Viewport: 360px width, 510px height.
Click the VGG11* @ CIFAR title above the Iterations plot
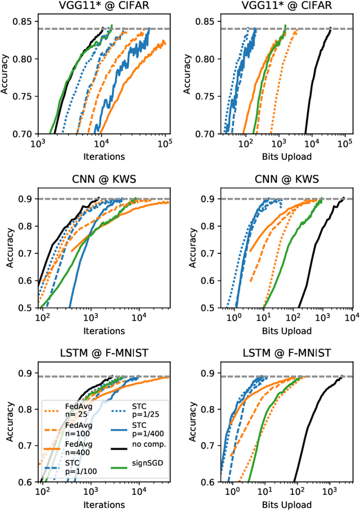(102, 7)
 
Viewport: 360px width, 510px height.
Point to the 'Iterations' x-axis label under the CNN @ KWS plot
(102, 331)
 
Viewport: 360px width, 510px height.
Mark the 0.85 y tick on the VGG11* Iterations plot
(24, 21)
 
